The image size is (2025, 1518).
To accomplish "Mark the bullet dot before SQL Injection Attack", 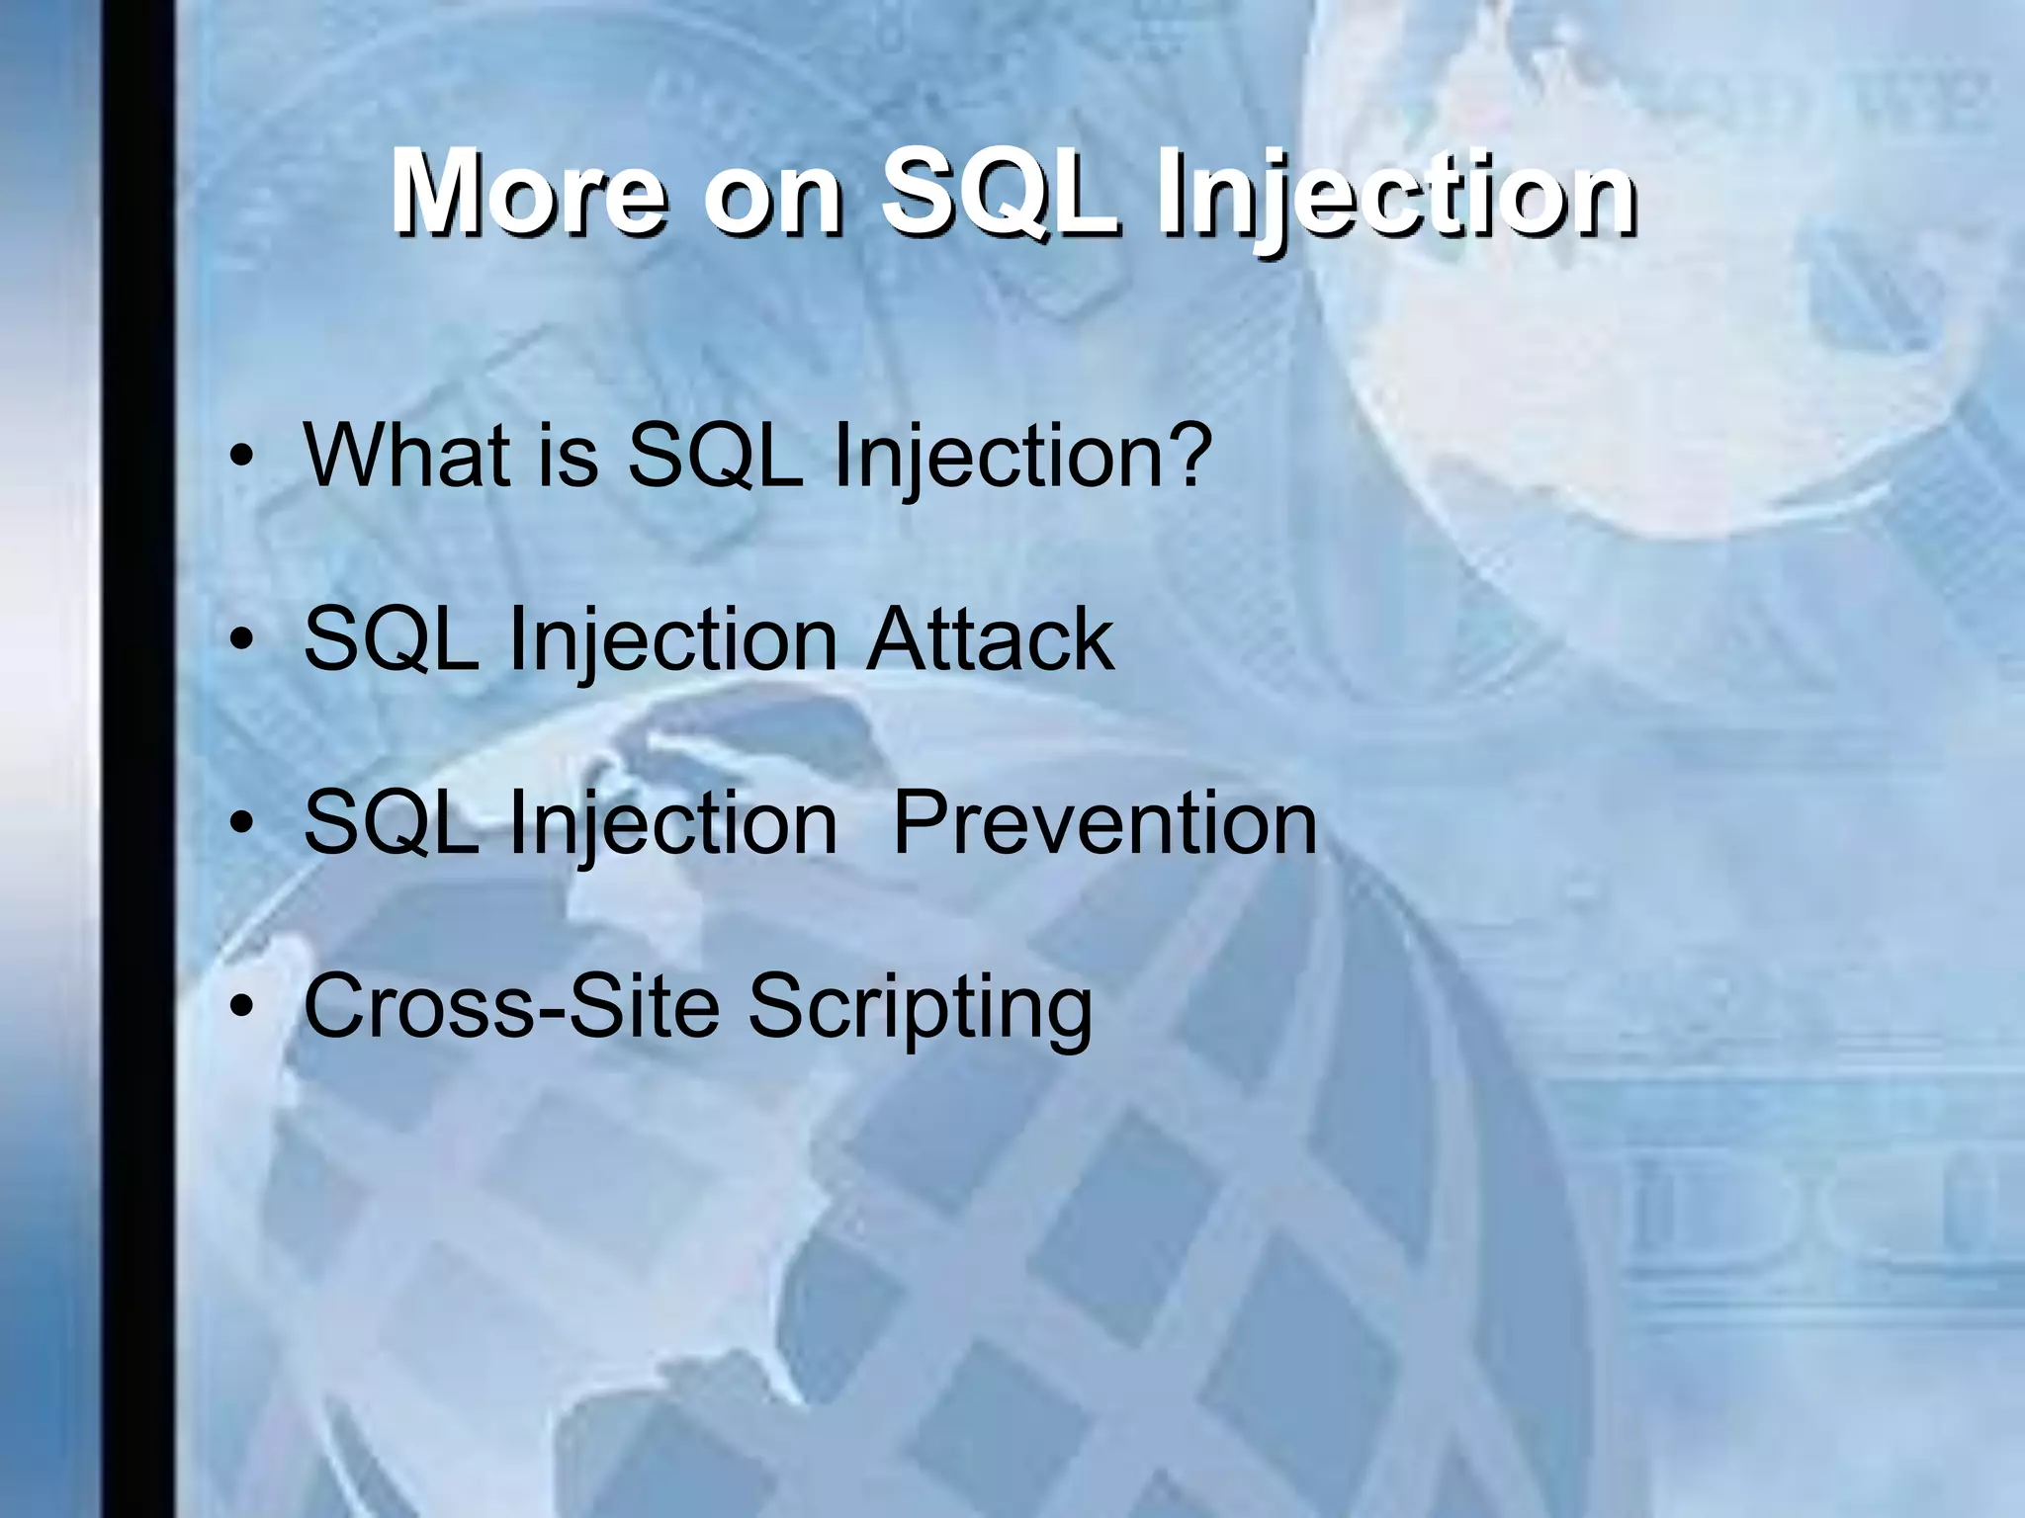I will tap(241, 641).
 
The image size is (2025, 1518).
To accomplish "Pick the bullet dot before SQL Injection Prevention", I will tap(241, 825).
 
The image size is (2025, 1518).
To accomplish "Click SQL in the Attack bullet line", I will tap(391, 639).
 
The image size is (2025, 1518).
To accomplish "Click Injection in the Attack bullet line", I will tap(672, 639).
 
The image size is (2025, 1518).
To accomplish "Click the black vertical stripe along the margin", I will tap(137, 759).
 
